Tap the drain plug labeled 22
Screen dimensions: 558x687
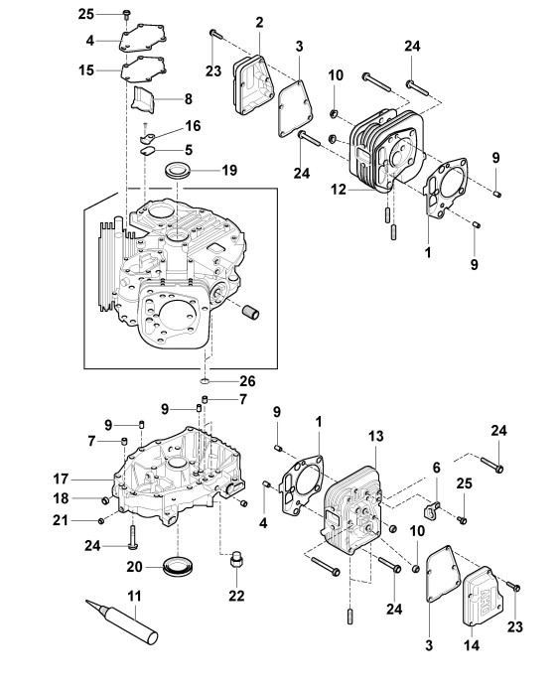pos(236,560)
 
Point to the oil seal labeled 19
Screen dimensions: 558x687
pos(178,169)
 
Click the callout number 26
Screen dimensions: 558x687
pos(247,381)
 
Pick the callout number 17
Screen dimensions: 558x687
pos(61,479)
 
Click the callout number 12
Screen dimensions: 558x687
pos(339,190)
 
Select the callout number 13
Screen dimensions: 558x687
pos(375,436)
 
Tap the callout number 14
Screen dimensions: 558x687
pos(472,645)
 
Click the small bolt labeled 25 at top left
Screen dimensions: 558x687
pos(127,14)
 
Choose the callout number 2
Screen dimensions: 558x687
pos(259,23)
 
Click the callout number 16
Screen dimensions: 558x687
pos(193,126)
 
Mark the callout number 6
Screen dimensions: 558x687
pos(436,468)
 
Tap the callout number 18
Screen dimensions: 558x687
pos(61,498)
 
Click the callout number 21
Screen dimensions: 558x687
pos(61,520)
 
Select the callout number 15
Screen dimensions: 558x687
pos(86,70)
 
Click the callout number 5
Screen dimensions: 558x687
pos(189,150)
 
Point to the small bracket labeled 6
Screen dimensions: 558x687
pos(431,510)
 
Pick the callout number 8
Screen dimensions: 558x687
pos(189,99)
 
